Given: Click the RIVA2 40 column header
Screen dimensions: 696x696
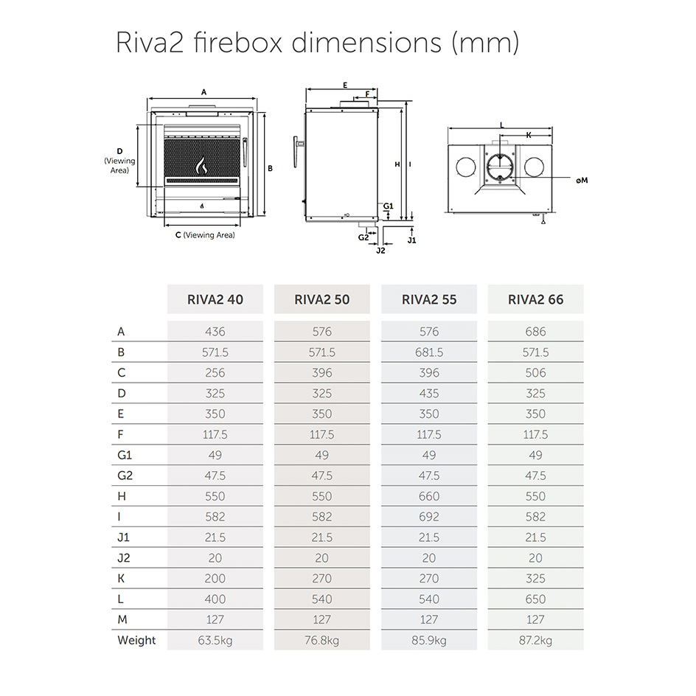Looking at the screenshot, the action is tap(215, 299).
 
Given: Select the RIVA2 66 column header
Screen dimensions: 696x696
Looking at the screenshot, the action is tap(536, 299).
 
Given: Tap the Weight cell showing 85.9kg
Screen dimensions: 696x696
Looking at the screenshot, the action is tap(429, 641).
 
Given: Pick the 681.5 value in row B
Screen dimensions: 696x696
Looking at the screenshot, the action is tap(429, 352).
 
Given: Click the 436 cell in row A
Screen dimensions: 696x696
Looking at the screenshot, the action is tap(215, 332).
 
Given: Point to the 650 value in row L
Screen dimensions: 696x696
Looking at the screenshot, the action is tap(536, 599).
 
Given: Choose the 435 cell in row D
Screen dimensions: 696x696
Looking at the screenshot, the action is tap(429, 393).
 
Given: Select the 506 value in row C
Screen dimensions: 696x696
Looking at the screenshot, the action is tap(536, 373).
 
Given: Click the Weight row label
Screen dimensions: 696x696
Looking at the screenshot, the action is tap(136, 641).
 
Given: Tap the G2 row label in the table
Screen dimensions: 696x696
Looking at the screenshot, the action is tap(125, 476).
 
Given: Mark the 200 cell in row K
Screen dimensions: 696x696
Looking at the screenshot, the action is tap(215, 579).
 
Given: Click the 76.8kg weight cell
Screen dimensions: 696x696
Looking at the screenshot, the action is tap(321, 641).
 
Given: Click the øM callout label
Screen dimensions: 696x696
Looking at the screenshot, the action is tap(582, 180).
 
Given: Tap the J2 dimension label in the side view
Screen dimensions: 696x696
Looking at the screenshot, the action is tap(380, 251).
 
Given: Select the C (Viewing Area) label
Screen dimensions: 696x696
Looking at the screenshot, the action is tap(205, 235).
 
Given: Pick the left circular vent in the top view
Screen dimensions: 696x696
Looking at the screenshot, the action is tap(466, 167).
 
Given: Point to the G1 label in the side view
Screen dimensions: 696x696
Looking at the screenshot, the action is tap(389, 206).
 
